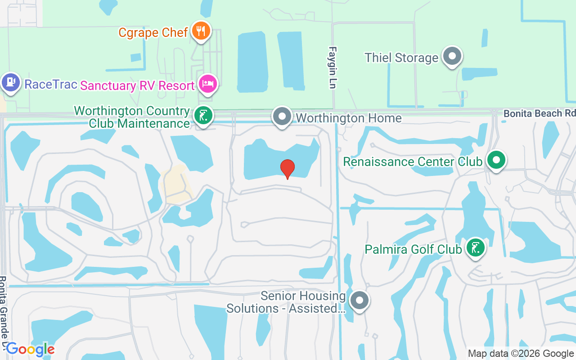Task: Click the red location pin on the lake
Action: (x=288, y=168)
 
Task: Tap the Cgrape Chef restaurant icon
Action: (x=201, y=31)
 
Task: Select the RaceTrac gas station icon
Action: (x=10, y=82)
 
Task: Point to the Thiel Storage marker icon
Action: (x=452, y=57)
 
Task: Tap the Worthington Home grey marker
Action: (x=282, y=117)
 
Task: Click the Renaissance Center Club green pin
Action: (x=496, y=160)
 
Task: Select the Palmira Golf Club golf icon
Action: (x=475, y=247)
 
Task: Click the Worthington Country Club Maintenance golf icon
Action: (x=203, y=116)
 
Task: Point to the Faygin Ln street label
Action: (x=333, y=67)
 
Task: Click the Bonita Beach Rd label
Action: (x=539, y=113)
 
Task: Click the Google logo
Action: (x=30, y=349)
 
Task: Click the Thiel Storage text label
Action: (x=401, y=58)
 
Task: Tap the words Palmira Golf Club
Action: (x=413, y=249)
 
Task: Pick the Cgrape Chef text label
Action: (x=153, y=32)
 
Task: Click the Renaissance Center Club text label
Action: (x=413, y=161)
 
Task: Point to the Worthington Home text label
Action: (x=348, y=118)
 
